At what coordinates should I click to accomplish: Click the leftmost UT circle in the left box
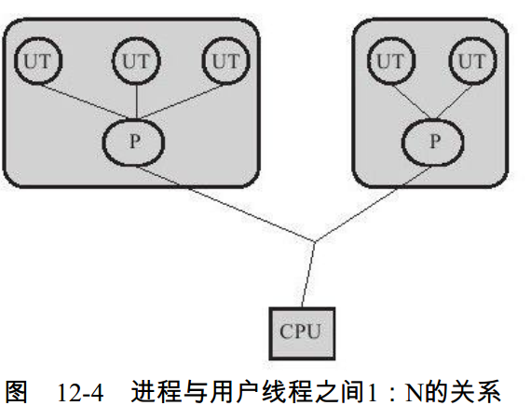(38, 62)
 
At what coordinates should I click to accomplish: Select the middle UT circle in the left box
(137, 62)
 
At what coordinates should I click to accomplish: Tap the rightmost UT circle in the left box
(225, 62)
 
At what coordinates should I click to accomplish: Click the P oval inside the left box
(137, 142)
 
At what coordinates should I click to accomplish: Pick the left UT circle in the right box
(390, 62)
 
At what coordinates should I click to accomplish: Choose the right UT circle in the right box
(471, 62)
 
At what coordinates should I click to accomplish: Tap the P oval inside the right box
(434, 142)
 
